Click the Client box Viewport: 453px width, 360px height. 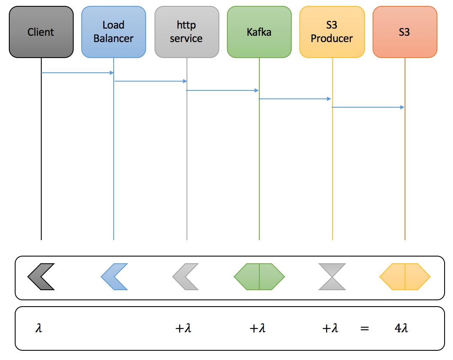pyautogui.click(x=41, y=32)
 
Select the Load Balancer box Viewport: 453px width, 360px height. pyautogui.click(x=114, y=32)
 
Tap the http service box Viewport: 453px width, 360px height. pyautogui.click(x=187, y=32)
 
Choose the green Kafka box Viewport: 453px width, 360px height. pyautogui.click(x=259, y=32)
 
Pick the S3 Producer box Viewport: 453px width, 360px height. pyautogui.click(x=332, y=32)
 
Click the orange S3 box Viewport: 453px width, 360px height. pyautogui.click(x=405, y=32)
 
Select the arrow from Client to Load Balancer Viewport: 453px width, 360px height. pyautogui.click(x=77, y=73)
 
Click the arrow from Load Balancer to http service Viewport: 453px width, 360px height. pyautogui.click(x=150, y=81)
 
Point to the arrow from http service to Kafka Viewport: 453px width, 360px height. pyautogui.click(x=223, y=90)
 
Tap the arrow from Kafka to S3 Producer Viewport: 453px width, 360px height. pyautogui.click(x=295, y=99)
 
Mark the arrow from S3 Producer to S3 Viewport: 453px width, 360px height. pyautogui.click(x=368, y=107)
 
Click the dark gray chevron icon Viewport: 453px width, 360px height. pyautogui.click(x=41, y=277)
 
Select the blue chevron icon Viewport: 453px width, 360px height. pyautogui.click(x=114, y=277)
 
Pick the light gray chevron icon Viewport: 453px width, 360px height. pyautogui.click(x=186, y=277)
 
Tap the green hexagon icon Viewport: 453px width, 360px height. pyautogui.click(x=259, y=277)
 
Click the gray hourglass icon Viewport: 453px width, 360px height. pyautogui.click(x=332, y=277)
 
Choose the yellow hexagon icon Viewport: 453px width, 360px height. pyautogui.click(x=405, y=277)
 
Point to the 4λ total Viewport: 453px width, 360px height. pyautogui.click(x=402, y=328)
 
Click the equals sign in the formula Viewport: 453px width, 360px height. pyautogui.click(x=365, y=328)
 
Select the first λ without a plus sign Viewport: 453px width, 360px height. pyautogui.click(x=39, y=328)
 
